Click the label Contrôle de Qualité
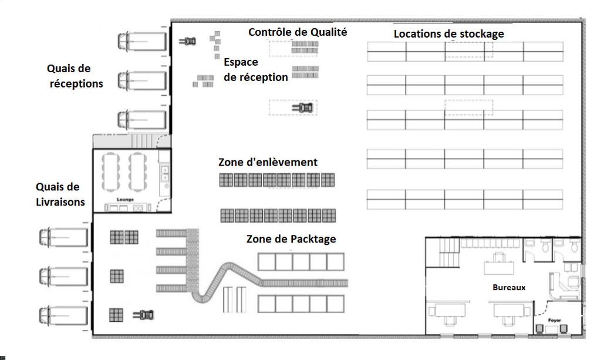pyautogui.click(x=298, y=32)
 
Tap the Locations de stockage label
pyautogui.click(x=448, y=34)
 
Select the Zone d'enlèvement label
pyautogui.click(x=268, y=162)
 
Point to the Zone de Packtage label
pyautogui.click(x=291, y=239)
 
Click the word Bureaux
pyautogui.click(x=508, y=287)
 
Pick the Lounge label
pyautogui.click(x=126, y=200)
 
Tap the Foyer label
pyautogui.click(x=554, y=320)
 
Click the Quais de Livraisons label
pyautogui.click(x=60, y=194)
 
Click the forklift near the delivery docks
pyautogui.click(x=144, y=315)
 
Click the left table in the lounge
pyautogui.click(x=111, y=171)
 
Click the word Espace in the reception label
pyautogui.click(x=241, y=62)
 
